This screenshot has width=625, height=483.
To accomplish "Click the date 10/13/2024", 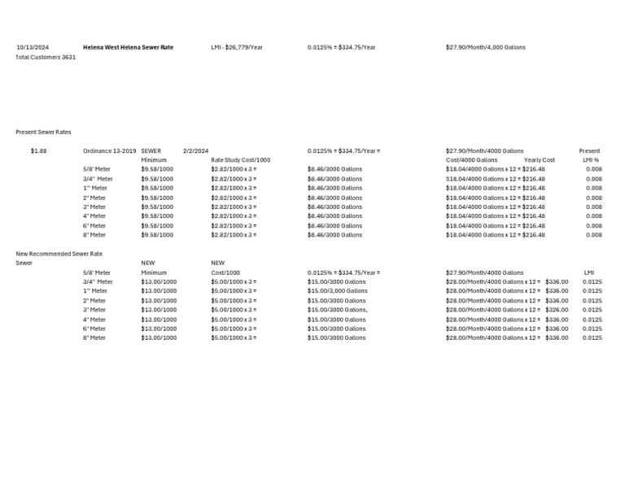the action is (33, 47).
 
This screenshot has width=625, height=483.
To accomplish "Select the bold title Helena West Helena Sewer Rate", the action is (128, 47).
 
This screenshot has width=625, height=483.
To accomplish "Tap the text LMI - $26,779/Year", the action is (237, 47).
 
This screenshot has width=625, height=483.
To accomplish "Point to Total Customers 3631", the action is (46, 57).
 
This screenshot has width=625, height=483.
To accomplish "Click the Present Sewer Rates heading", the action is (43, 132).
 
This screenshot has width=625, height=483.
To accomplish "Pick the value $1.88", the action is (38, 150).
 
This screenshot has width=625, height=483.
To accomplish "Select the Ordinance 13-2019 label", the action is (110, 150).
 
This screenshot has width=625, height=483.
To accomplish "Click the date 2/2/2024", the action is (196, 150).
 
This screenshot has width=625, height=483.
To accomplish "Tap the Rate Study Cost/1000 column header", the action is (241, 160).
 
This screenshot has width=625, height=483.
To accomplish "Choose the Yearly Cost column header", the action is (540, 160).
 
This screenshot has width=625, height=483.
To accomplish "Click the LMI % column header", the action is (591, 160).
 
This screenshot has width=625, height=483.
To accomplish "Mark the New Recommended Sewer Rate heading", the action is (59, 254).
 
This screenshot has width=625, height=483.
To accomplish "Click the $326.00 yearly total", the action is (557, 310).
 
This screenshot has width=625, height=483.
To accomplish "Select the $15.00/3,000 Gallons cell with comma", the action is (338, 291).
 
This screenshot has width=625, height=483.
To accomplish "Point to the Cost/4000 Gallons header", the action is (472, 160).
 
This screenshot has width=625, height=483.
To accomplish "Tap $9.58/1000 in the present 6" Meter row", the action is (157, 226).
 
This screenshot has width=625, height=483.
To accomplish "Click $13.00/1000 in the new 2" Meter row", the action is (159, 301).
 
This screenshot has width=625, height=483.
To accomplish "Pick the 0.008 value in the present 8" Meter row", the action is (594, 235).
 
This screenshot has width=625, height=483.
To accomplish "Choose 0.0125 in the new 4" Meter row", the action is (592, 320).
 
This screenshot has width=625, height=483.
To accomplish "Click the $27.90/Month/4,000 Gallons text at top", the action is (486, 47).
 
